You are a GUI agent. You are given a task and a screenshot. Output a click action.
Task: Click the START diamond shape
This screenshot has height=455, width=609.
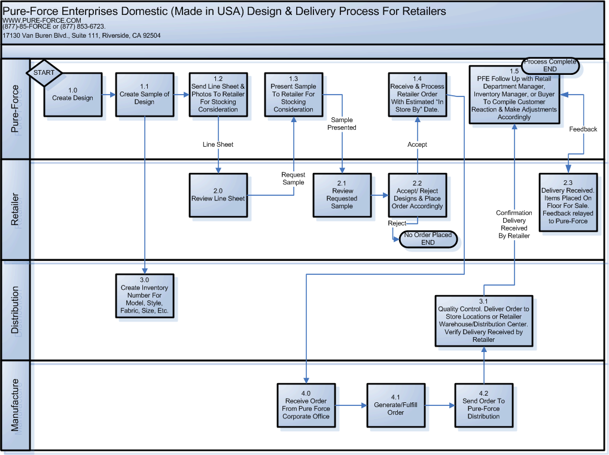[44, 72]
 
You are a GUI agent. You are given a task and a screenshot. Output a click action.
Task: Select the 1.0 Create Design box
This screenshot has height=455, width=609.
[72, 95]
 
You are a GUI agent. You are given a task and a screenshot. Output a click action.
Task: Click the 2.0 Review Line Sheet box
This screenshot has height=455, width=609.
[218, 195]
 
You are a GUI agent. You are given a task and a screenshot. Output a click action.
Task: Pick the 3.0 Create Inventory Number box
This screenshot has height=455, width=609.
[144, 296]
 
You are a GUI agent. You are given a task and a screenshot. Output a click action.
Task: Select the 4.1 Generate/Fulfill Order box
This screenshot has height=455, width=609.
[395, 405]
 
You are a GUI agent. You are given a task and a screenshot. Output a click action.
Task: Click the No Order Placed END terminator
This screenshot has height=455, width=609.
[427, 239]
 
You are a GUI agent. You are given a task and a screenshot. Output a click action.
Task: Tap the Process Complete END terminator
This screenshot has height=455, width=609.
[550, 65]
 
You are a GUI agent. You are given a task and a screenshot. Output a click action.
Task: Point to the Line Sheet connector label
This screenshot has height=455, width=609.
[218, 144]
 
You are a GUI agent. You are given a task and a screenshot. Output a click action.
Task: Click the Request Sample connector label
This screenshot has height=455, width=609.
[293, 178]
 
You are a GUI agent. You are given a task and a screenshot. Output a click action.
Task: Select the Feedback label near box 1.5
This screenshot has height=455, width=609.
[583, 129]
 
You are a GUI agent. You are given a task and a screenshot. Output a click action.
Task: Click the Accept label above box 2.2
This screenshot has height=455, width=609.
[417, 144]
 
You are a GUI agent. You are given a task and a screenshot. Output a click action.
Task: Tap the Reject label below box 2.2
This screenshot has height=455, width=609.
[397, 223]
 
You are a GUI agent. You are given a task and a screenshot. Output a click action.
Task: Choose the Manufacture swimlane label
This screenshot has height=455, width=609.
[16, 405]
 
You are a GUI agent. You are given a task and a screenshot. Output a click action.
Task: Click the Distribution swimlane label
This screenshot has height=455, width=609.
[16, 310]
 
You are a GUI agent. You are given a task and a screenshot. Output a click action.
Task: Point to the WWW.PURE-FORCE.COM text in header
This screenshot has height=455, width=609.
[34, 20]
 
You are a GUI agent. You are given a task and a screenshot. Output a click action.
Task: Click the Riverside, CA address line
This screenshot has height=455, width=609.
[81, 35]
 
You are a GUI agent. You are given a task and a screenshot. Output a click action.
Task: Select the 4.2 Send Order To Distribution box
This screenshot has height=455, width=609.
[483, 405]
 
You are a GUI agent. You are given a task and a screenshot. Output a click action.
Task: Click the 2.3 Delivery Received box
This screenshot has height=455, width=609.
[568, 202]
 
